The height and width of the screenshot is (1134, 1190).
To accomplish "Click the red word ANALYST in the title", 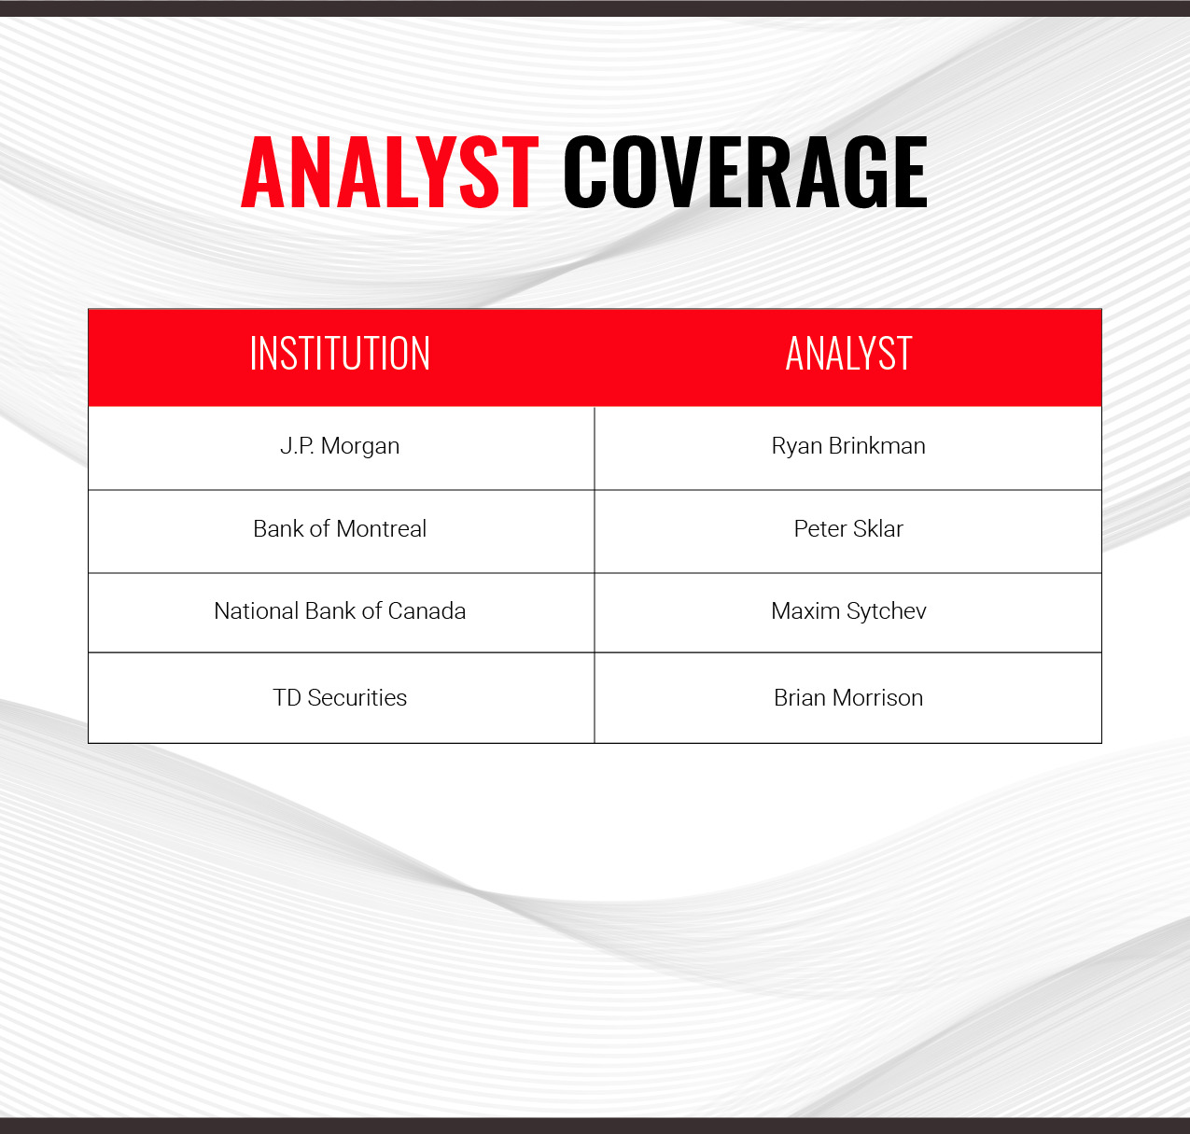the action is pos(390,172).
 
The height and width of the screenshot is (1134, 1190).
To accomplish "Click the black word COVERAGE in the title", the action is pos(745,172).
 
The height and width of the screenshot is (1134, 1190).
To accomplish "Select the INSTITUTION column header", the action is pos(340,354).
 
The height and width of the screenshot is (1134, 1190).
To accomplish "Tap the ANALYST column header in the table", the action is pos(848,354).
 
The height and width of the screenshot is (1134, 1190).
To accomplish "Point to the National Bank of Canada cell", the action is pos(340,611).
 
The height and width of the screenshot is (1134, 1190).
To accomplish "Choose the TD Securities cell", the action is pos(340,697).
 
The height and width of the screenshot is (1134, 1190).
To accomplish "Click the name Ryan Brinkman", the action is pos(848,446).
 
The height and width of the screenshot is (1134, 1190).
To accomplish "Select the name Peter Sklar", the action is pos(848,528).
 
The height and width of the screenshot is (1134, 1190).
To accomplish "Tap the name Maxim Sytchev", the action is pos(848,611).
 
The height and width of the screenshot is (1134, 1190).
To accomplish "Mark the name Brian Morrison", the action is pos(848,697).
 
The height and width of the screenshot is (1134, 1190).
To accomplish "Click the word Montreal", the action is pos(382,528).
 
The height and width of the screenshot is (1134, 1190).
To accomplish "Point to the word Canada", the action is pos(427,611).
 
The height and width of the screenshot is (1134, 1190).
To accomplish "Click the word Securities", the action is pos(357,697).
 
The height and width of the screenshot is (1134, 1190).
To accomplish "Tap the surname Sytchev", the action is pos(887,612).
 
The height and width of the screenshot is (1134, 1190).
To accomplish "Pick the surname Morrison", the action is pos(878,697).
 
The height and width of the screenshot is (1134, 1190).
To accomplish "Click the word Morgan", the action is pos(360,447).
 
